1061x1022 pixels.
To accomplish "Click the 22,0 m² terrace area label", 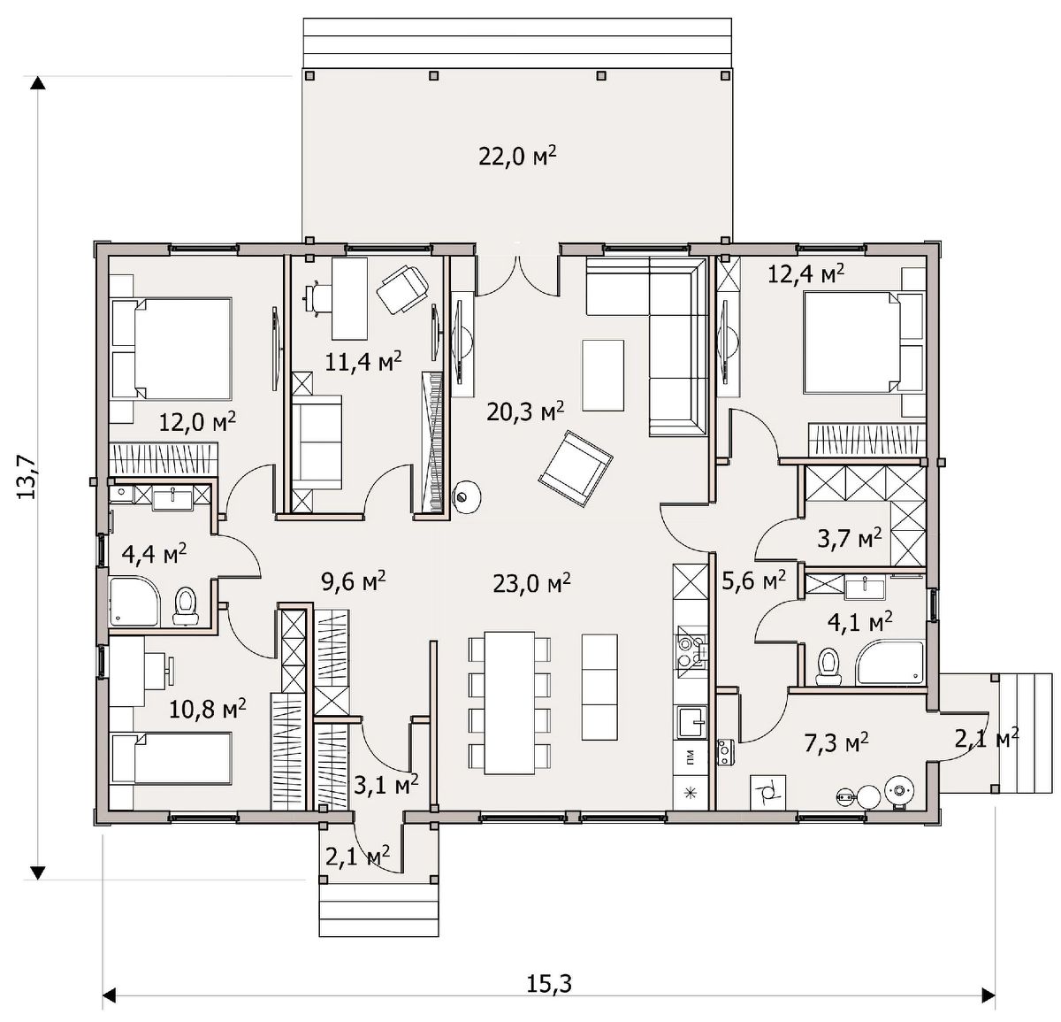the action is (x=517, y=157).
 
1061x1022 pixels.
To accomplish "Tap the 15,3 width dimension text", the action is (x=549, y=984).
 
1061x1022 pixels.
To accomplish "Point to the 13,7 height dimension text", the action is (x=27, y=478).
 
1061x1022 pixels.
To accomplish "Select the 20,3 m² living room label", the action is (x=525, y=412).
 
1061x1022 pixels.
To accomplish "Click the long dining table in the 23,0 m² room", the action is (x=510, y=703).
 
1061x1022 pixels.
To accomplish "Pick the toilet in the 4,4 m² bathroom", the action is (x=186, y=605).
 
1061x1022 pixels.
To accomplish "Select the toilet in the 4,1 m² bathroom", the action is (x=828, y=666).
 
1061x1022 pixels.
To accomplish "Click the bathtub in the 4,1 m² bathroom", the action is (x=889, y=663).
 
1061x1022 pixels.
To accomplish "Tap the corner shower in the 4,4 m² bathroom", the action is (x=134, y=602).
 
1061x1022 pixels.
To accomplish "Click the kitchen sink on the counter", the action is (x=692, y=723).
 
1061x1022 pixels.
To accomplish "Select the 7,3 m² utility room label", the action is (x=836, y=742).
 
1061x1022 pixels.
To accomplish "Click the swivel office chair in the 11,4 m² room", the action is (x=402, y=288).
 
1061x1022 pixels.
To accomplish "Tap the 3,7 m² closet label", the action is (x=849, y=539).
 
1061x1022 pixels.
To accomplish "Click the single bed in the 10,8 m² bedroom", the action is (x=172, y=759).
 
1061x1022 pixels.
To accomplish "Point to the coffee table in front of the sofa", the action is (x=603, y=375).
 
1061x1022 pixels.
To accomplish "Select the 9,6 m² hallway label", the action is (x=354, y=581).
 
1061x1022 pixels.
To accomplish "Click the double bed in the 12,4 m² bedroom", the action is (x=864, y=342).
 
